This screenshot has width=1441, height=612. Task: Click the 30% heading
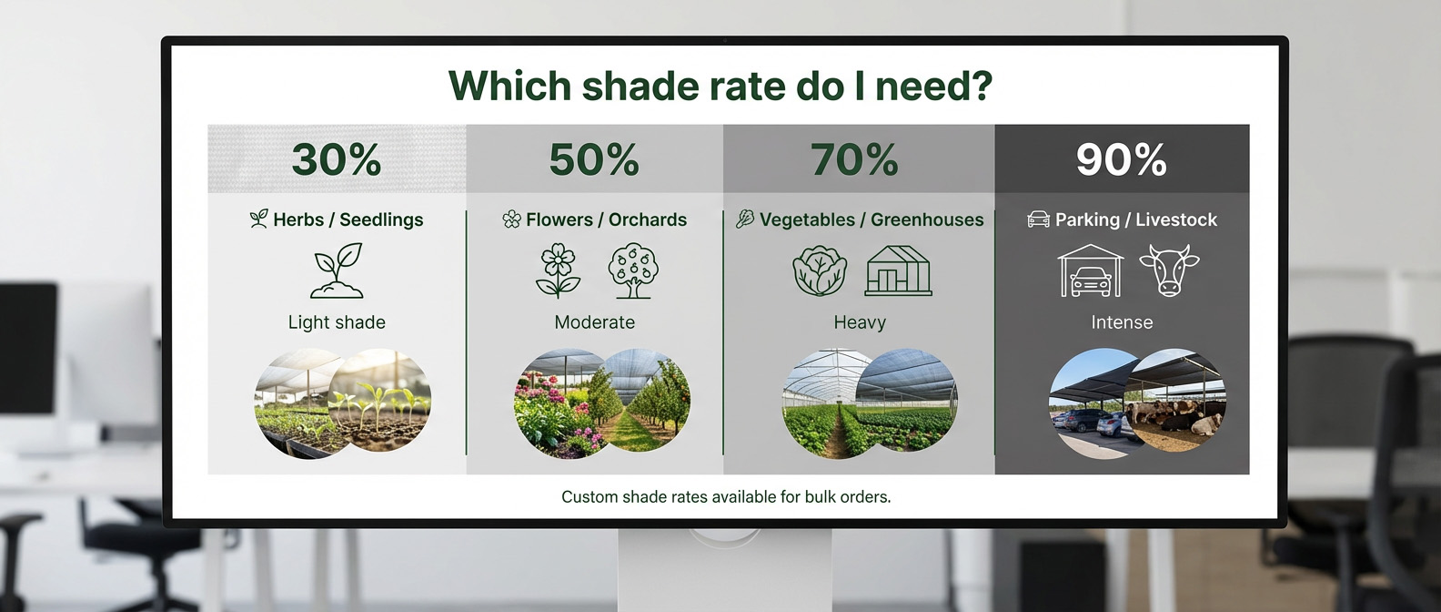337,159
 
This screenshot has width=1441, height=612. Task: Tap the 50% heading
594,159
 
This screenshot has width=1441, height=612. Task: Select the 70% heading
854,159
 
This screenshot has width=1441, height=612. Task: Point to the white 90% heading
1121,159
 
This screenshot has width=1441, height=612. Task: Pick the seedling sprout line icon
338,270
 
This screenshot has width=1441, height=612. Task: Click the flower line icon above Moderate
559,270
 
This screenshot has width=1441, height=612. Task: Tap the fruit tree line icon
633,270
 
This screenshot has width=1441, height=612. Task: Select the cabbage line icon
820,270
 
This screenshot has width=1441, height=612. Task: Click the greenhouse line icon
898,270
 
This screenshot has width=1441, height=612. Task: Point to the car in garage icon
1090,270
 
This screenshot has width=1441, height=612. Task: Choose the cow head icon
1169,270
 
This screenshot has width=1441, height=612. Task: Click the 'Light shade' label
337,322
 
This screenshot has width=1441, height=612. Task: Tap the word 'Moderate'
594,322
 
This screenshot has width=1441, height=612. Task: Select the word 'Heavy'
860,322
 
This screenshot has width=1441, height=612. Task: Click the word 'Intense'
1122,322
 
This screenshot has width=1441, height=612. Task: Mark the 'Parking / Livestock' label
1135,219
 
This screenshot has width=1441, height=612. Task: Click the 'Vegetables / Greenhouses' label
872,219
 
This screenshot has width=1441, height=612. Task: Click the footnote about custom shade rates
726,497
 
